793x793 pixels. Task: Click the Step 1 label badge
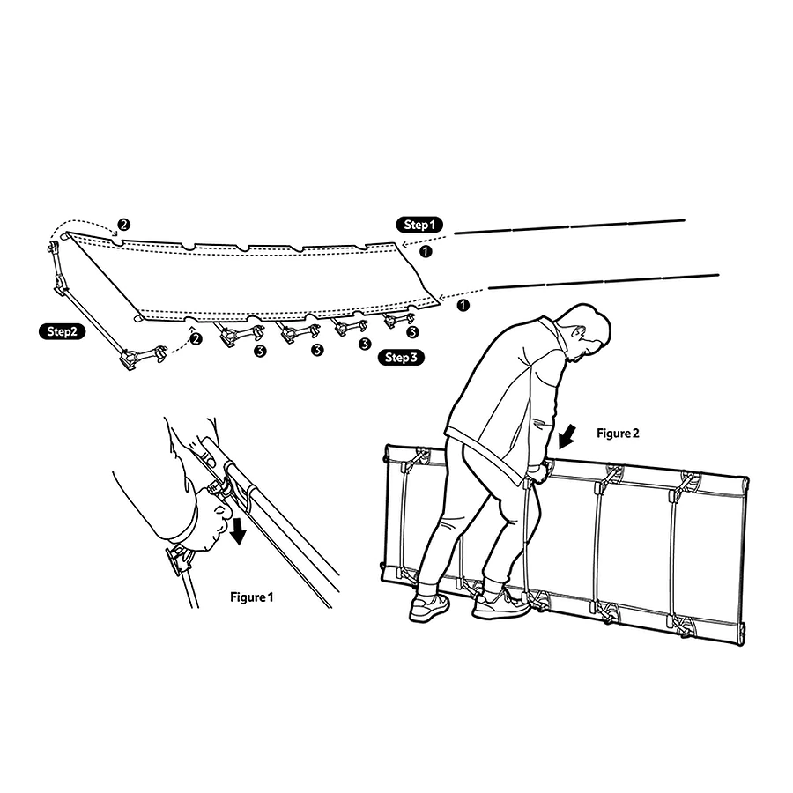point(419,225)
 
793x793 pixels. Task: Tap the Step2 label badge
point(63,331)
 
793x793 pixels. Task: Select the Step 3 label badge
point(401,358)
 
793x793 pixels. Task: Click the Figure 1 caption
point(251,597)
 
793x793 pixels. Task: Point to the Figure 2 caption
point(618,434)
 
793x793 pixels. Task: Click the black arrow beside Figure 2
point(567,437)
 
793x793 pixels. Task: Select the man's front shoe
point(500,604)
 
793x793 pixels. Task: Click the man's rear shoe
point(429,607)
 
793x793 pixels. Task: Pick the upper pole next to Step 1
point(569,226)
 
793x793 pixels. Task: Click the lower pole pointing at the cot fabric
point(604,282)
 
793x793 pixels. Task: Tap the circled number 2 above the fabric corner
point(123,225)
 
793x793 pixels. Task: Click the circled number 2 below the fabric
point(196,339)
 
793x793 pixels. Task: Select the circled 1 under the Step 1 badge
point(426,251)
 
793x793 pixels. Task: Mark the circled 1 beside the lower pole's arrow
point(463,305)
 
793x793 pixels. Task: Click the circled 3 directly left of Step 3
point(365,345)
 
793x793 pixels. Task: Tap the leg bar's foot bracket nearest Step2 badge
point(129,361)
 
